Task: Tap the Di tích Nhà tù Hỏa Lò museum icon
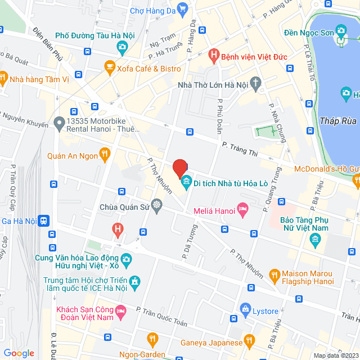(185, 181)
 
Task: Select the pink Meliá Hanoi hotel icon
(243, 210)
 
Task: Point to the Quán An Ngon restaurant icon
(104, 154)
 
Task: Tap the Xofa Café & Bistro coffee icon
(109, 69)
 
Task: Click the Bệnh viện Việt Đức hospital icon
(213, 56)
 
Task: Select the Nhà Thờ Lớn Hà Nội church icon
(256, 84)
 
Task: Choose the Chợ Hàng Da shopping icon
(182, 8)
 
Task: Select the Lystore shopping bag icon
(245, 309)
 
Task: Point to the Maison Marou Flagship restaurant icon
(275, 274)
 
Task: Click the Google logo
(19, 353)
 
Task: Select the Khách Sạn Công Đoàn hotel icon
(120, 310)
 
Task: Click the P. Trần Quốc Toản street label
(161, 315)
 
